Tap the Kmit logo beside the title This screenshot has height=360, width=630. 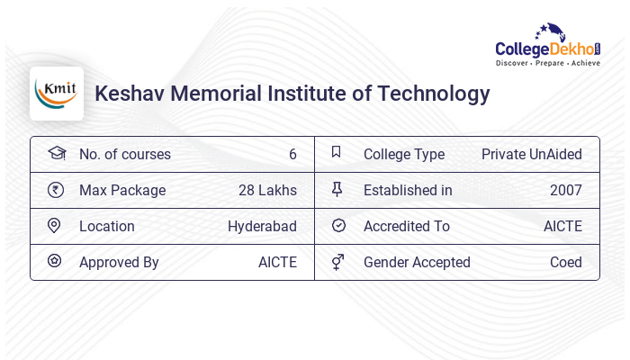56,94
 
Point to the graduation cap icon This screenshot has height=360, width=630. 56,153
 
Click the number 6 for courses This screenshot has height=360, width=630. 292,154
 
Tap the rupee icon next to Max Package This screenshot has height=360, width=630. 55,190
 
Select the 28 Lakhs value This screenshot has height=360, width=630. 267,190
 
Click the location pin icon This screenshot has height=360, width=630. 54,226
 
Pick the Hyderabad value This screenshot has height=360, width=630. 262,226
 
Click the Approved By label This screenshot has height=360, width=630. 119,262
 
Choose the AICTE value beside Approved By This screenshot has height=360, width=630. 277,262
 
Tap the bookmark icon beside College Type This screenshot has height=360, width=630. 337,153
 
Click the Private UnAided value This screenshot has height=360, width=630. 531,154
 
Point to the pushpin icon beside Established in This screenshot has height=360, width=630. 337,190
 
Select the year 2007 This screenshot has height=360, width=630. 565,190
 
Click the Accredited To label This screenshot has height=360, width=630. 406,226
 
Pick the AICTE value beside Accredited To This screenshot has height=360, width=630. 562,226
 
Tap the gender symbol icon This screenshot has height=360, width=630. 337,262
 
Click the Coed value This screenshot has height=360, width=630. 565,262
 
